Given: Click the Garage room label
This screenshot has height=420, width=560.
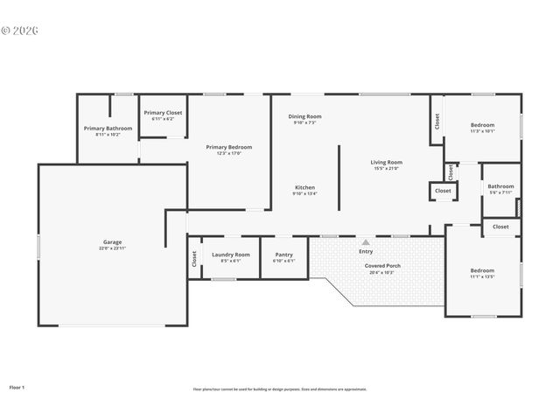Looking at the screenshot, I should click(x=112, y=241).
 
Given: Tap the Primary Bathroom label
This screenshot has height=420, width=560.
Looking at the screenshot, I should click(x=108, y=129).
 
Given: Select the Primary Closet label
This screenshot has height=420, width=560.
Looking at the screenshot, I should click(x=163, y=113).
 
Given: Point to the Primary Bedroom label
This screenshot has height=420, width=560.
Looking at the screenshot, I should click(x=228, y=147).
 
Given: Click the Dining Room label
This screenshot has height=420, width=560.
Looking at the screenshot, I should click(x=306, y=116).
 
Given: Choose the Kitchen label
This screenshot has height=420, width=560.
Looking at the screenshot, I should click(x=304, y=187).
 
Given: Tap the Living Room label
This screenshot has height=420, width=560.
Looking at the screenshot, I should click(x=386, y=162).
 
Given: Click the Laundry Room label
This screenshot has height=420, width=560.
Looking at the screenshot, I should click(x=231, y=255).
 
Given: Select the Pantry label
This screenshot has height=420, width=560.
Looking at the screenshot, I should click(x=283, y=255).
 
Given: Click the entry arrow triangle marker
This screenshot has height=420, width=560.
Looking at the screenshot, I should click(x=366, y=242).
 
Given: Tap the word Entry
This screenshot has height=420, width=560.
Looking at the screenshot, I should click(x=366, y=252).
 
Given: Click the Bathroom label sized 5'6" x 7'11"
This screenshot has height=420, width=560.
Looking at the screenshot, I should click(x=500, y=185).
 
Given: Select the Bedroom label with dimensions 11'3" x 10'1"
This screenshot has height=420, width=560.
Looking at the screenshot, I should click(x=482, y=125).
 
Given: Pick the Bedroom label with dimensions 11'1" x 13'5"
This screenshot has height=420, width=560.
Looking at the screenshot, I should click(x=482, y=270).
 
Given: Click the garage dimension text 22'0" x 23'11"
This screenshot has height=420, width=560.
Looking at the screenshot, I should click(x=112, y=249).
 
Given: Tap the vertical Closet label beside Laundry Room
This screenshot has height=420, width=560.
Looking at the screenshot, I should click(x=194, y=258).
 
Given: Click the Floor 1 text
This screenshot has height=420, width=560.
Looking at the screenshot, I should click(x=17, y=387).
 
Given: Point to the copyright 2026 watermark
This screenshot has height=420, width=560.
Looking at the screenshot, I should click(x=19, y=30).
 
